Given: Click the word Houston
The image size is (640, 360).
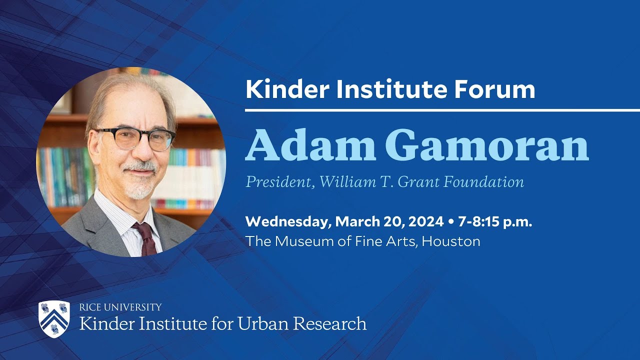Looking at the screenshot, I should [x=451, y=241].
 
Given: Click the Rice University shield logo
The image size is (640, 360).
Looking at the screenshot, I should [x=54, y=319].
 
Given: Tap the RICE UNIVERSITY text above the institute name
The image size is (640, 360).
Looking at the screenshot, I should [x=120, y=307].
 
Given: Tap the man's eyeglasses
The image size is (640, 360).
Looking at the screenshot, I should [x=135, y=138].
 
